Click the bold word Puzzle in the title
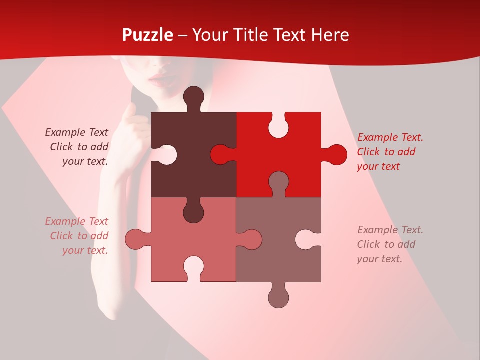point(148,35)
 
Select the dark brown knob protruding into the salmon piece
point(194,212)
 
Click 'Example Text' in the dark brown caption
point(76,132)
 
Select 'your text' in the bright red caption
point(378,166)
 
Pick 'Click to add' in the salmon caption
point(79,236)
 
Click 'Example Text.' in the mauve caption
point(390,230)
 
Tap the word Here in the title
point(330,35)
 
